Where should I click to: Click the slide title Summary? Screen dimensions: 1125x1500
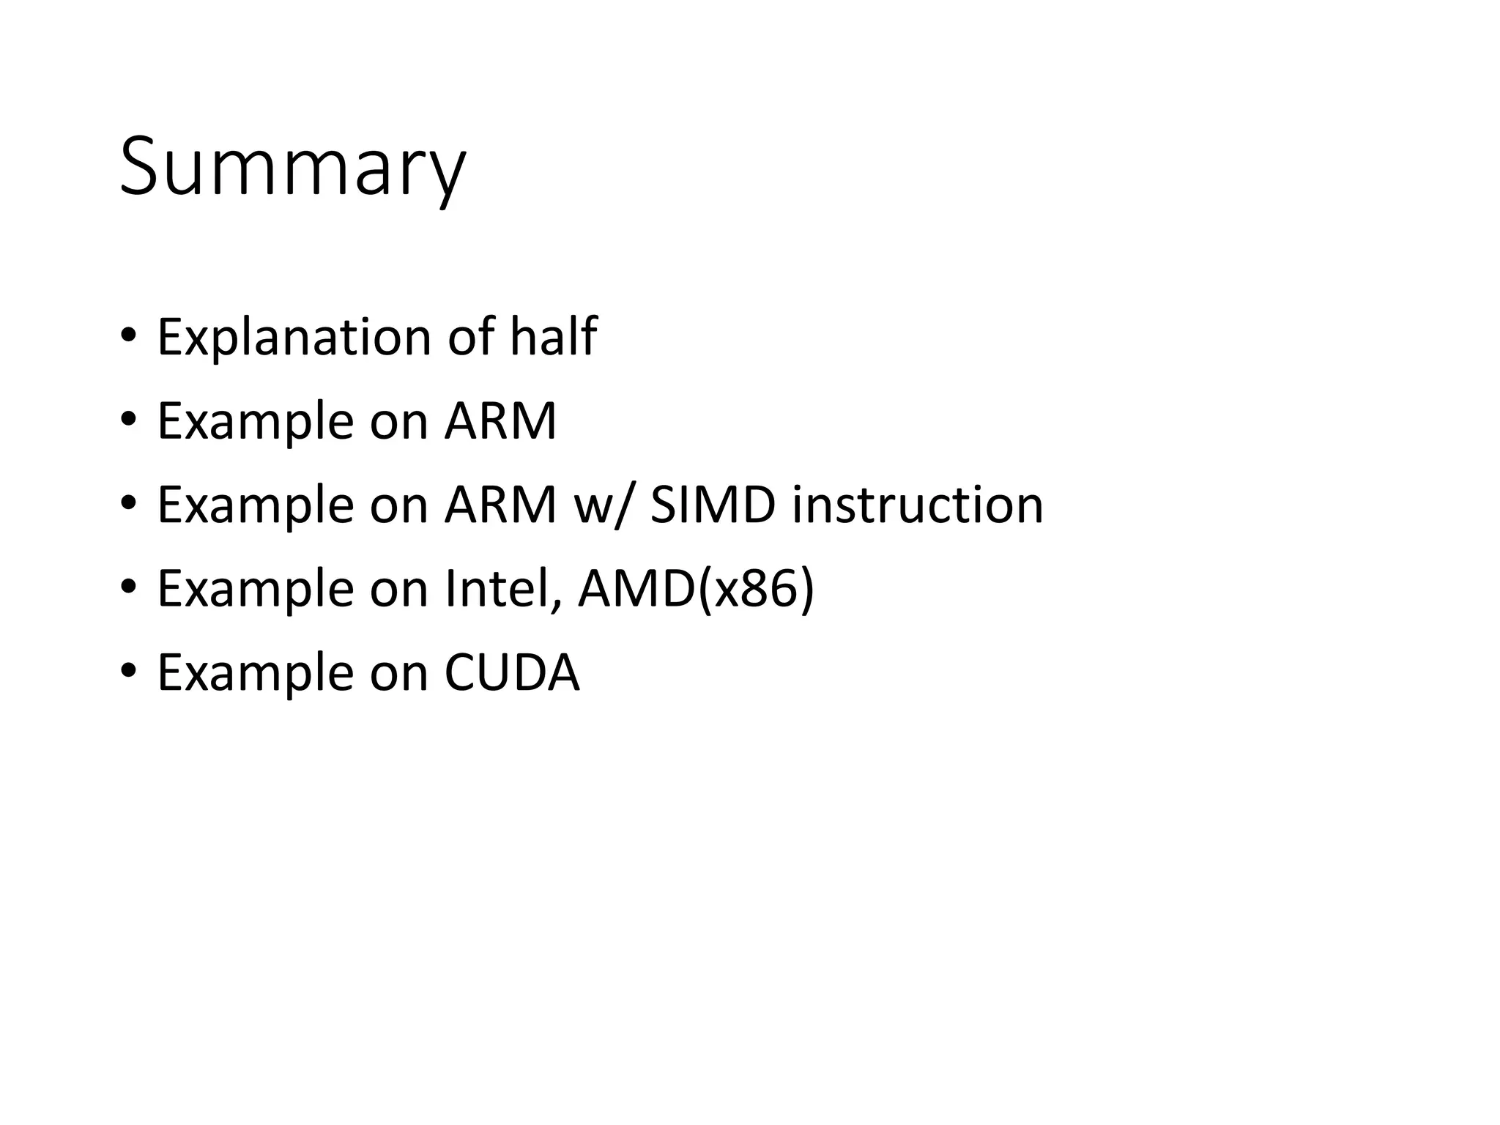(x=292, y=168)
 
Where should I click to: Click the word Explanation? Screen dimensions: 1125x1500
(x=294, y=338)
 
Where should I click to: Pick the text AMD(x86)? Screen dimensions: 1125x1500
(x=696, y=590)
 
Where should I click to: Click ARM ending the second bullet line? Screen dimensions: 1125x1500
(x=501, y=421)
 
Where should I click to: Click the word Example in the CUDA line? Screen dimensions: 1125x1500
(x=256, y=674)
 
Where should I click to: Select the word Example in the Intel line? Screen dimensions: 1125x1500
(x=256, y=590)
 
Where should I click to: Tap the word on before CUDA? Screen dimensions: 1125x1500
(x=398, y=674)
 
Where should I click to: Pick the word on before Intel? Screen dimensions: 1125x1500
(x=398, y=590)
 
